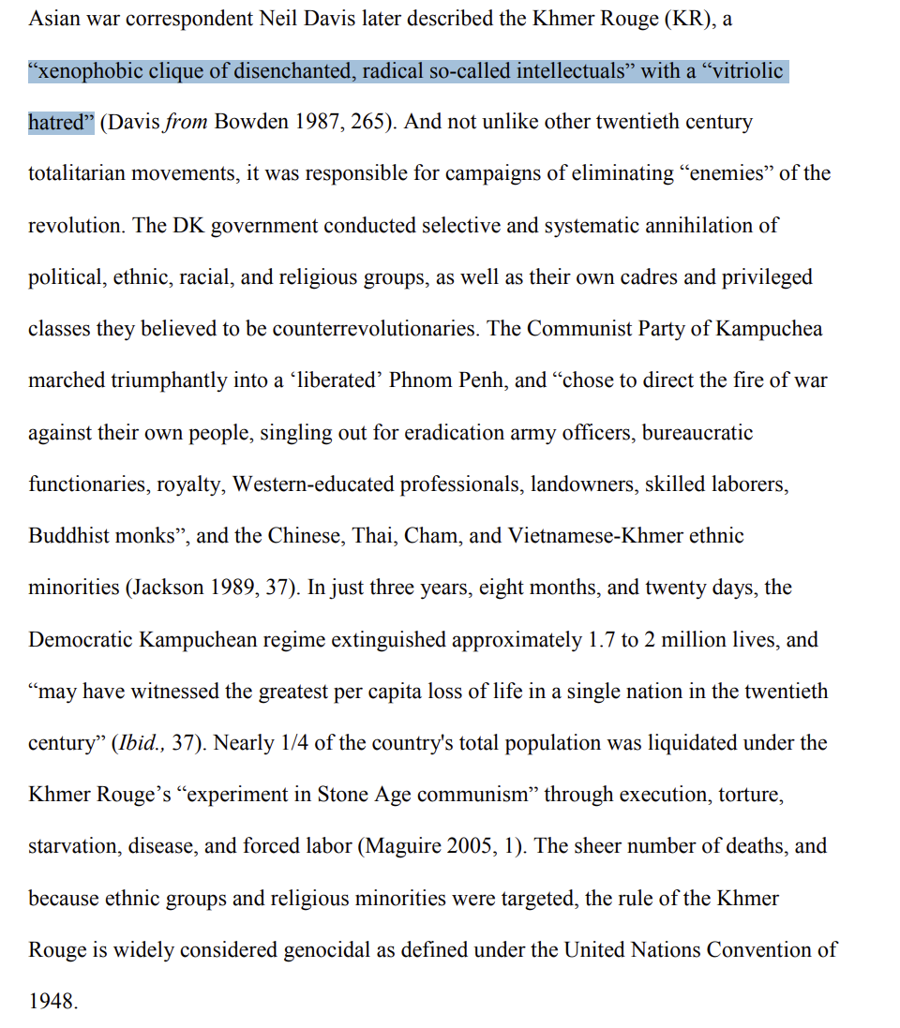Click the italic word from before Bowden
point(186,123)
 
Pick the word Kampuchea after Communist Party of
point(769,329)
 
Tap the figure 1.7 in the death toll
point(601,640)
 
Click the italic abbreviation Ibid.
point(140,743)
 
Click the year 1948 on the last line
point(51,1002)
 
